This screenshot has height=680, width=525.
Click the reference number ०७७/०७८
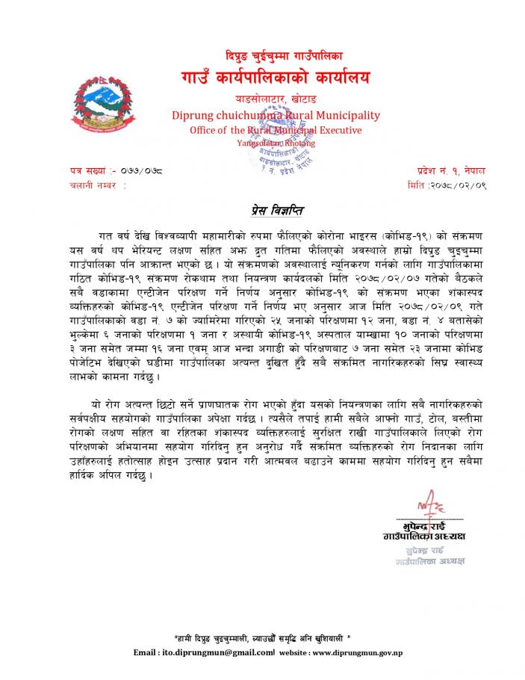click(x=141, y=171)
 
